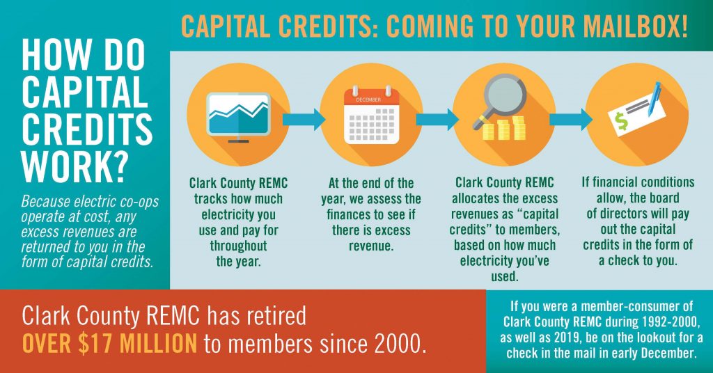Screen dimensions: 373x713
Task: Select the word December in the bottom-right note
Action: (x=665, y=354)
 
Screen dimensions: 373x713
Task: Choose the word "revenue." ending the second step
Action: (x=371, y=245)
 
